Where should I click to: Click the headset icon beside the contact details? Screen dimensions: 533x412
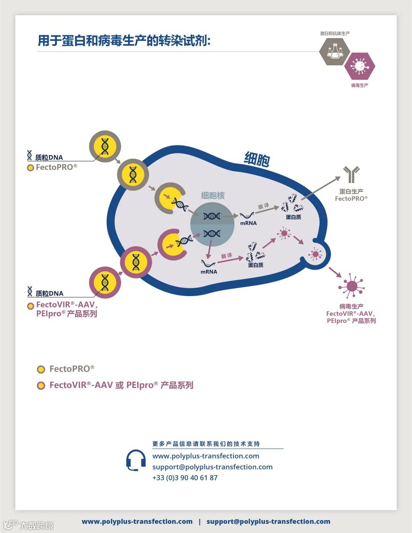point(136,460)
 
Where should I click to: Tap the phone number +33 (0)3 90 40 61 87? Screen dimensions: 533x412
point(185,478)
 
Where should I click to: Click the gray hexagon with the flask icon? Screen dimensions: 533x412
point(335,52)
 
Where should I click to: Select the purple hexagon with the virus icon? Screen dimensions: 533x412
point(359,66)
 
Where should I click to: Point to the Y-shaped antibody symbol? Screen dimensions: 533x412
point(351,174)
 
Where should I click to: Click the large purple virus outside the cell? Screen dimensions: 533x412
point(351,286)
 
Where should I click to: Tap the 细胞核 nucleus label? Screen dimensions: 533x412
point(213,196)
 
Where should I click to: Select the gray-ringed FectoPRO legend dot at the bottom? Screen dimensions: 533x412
point(41,369)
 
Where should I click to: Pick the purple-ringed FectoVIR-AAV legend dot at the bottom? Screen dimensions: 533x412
point(41,386)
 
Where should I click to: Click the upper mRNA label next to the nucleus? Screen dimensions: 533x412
point(248,223)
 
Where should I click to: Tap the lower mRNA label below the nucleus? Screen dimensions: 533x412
point(209,272)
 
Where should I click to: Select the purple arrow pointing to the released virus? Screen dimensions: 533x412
point(335,272)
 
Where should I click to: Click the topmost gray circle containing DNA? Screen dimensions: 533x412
point(105,147)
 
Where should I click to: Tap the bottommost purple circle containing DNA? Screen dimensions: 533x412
point(105,282)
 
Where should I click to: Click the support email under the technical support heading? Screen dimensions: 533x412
point(212,467)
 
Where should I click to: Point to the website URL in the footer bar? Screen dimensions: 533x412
point(137,522)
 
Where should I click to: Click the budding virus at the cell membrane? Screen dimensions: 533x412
point(315,254)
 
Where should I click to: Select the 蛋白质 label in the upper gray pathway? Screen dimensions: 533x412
point(293,217)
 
